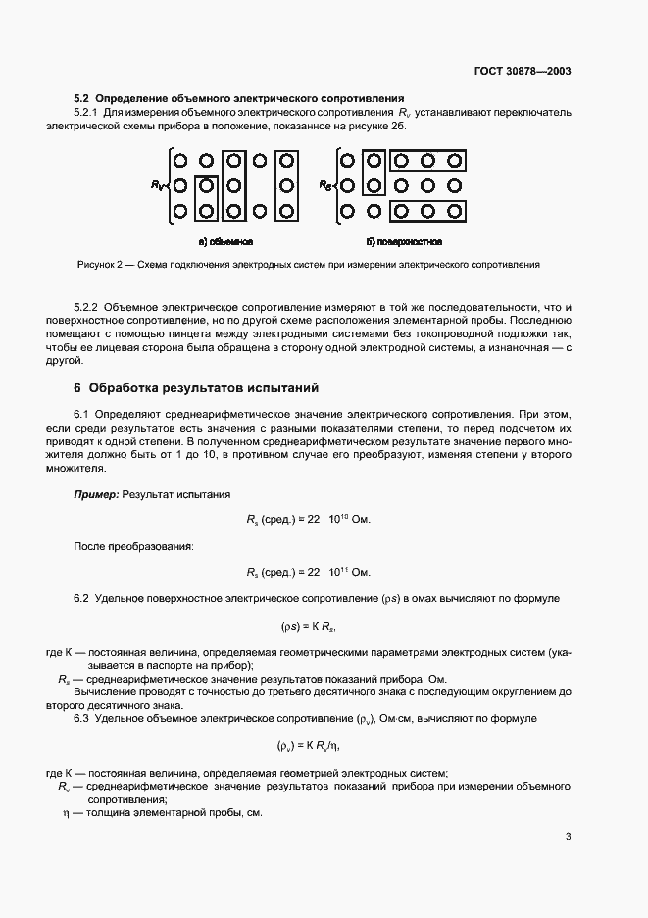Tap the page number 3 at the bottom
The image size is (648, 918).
[x=568, y=837]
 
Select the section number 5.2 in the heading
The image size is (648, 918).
[x=81, y=98]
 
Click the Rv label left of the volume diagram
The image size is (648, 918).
[x=158, y=183]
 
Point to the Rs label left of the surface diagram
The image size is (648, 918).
[x=324, y=183]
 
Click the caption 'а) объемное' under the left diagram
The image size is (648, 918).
[x=226, y=240]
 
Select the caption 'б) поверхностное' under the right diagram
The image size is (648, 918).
[x=403, y=240]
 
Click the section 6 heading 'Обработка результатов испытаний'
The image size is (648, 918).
[x=204, y=389]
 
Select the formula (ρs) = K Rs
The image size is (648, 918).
[x=309, y=625]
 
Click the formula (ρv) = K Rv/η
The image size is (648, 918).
[x=309, y=746]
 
